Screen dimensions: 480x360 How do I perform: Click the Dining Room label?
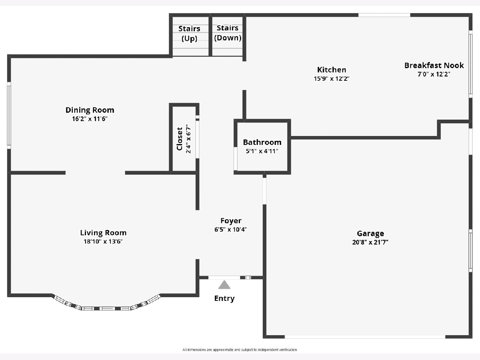pyautogui.click(x=90, y=110)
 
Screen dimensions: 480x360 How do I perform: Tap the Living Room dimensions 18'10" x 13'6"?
pyautogui.click(x=103, y=242)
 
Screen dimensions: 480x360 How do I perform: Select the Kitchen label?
pyautogui.click(x=332, y=70)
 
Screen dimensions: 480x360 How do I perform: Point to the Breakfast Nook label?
pyautogui.click(x=434, y=65)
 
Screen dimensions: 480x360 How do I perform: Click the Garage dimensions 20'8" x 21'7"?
pyautogui.click(x=370, y=242)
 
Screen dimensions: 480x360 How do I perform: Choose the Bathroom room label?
pyautogui.click(x=262, y=142)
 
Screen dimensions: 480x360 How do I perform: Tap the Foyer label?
pyautogui.click(x=231, y=221)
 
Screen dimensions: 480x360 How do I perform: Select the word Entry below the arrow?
pyautogui.click(x=224, y=298)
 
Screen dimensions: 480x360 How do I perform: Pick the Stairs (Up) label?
pyautogui.click(x=189, y=34)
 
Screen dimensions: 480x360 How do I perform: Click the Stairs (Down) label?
pyautogui.click(x=228, y=33)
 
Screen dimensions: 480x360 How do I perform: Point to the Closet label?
pyautogui.click(x=180, y=139)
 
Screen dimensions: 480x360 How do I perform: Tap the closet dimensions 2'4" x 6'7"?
pyautogui.click(x=188, y=139)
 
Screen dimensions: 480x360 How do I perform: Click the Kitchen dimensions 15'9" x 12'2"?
pyautogui.click(x=332, y=78)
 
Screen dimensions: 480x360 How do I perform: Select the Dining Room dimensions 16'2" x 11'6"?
pyautogui.click(x=90, y=119)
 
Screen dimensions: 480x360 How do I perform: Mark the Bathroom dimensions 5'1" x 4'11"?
pyautogui.click(x=262, y=151)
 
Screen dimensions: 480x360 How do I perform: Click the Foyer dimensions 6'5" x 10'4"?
pyautogui.click(x=231, y=230)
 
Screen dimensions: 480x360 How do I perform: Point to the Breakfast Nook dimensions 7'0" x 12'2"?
pyautogui.click(x=434, y=74)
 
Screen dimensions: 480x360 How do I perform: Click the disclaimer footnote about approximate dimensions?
pyautogui.click(x=240, y=350)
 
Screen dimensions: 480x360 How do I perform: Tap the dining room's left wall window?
pyautogui.click(x=9, y=116)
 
